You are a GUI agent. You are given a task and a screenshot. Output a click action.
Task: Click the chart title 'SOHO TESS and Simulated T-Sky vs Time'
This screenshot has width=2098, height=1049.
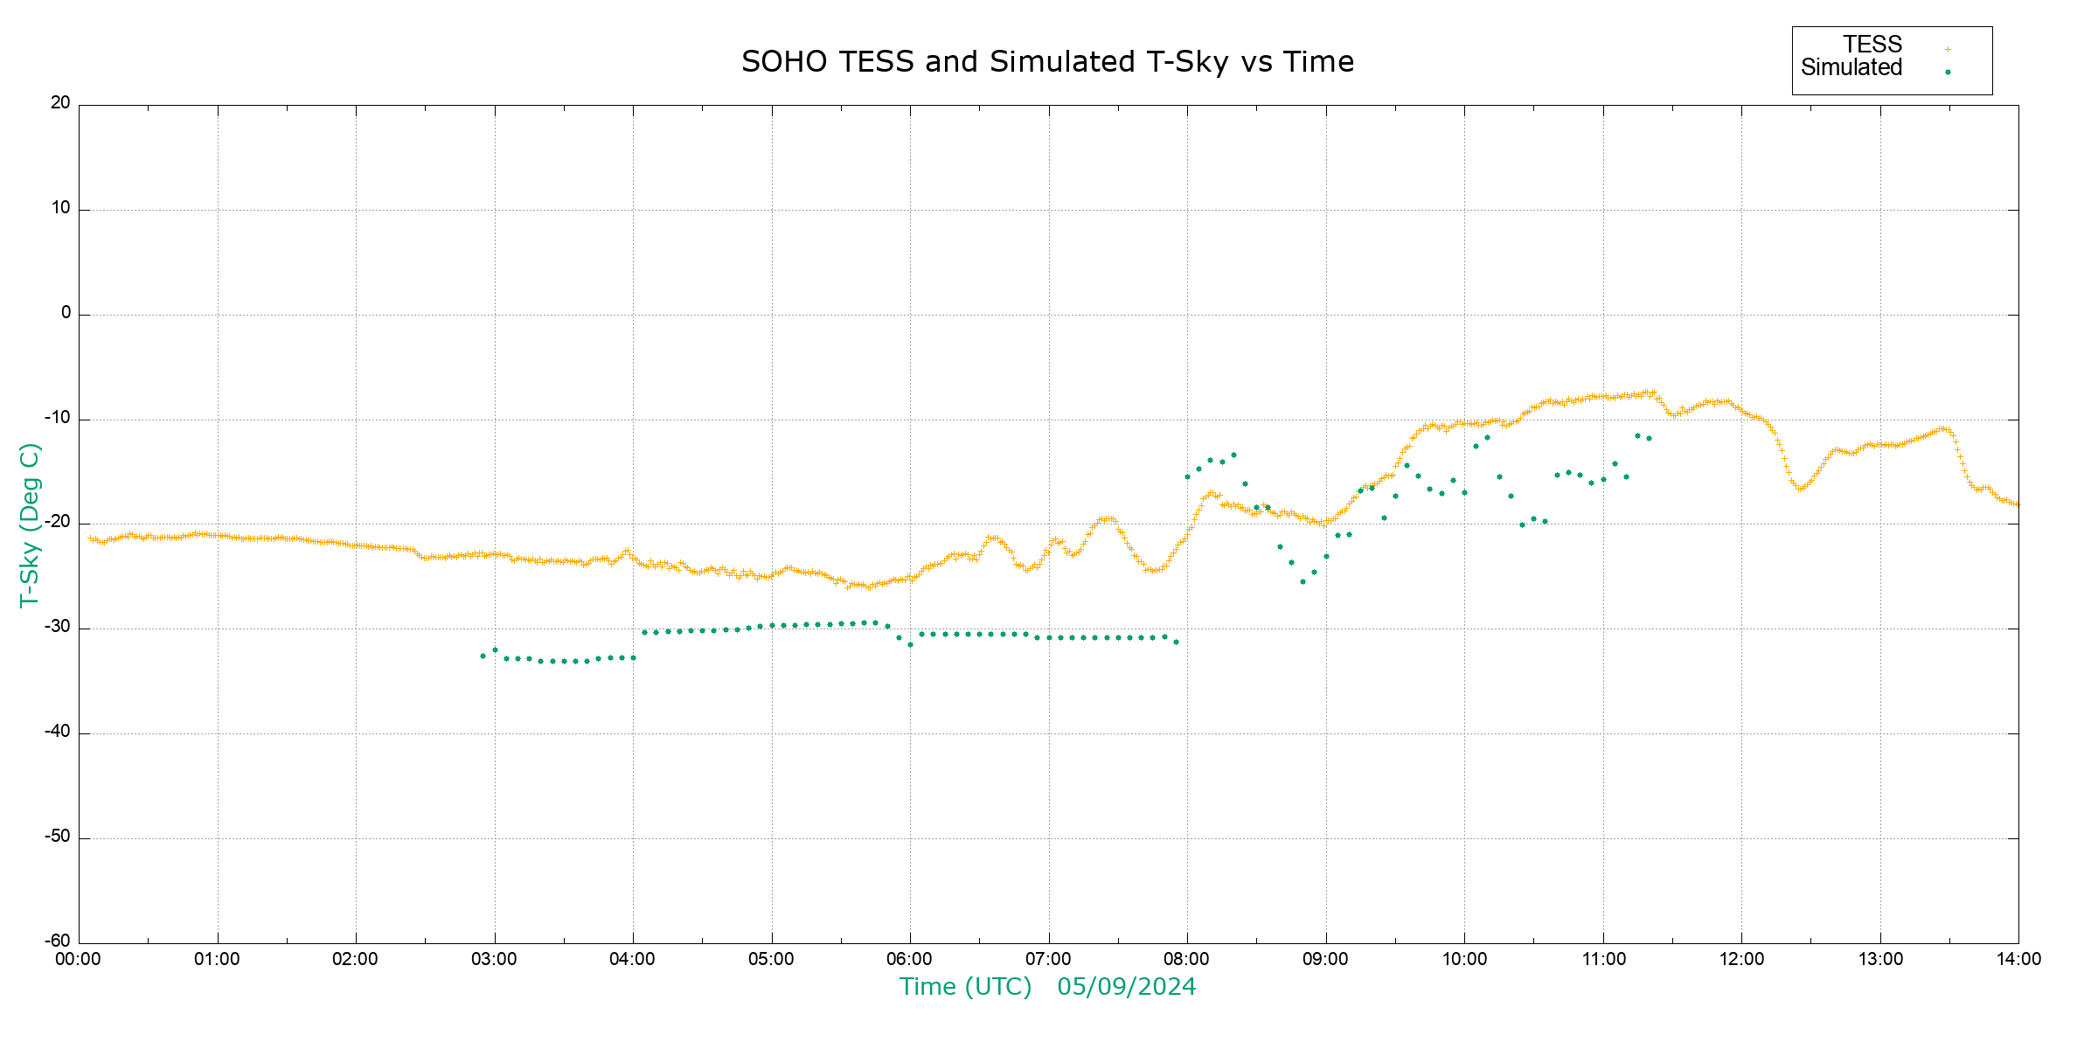1047,62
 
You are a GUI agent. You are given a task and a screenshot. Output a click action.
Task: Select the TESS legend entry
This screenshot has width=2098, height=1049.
1872,45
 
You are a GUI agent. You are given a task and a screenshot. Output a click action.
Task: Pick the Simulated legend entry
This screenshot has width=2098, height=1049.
1851,68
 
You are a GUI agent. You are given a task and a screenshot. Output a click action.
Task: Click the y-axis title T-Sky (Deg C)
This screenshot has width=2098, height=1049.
30,524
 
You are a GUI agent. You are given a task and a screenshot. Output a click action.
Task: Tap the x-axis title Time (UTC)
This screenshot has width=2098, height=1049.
965,987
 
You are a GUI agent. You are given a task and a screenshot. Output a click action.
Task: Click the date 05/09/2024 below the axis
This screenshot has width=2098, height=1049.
1126,987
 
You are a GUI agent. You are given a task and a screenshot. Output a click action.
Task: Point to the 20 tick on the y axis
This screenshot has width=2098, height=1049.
60,103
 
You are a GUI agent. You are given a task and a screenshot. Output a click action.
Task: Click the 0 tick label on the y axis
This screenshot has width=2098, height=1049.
66,313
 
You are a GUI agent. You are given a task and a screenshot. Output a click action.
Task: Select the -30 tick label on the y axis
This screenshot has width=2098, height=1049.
58,628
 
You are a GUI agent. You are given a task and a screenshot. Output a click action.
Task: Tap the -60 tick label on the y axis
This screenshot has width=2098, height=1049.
58,941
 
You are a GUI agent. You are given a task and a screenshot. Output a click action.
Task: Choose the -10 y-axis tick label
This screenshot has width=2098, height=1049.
58,418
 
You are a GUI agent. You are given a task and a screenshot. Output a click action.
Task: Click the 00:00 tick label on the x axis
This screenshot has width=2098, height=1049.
79,960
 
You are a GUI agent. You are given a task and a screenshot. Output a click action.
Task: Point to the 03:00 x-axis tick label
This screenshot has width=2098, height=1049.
494,960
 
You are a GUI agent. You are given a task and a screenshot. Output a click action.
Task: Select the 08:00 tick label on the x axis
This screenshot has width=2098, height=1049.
1187,960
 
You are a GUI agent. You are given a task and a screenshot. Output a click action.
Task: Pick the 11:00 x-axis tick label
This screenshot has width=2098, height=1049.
1603,960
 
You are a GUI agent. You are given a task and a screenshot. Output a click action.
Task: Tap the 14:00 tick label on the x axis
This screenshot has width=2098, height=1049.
2018,960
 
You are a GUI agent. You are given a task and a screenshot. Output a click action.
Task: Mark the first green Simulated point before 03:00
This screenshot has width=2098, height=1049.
483,656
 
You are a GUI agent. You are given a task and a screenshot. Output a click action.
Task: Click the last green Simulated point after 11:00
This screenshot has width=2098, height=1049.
1649,438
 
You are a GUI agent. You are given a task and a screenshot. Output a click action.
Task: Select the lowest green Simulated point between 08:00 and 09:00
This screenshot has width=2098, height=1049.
1303,581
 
